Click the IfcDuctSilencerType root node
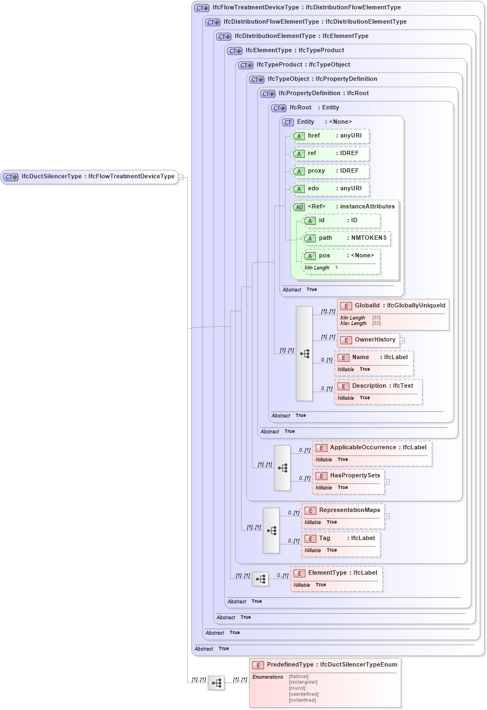point(89,177)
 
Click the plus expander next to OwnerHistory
point(402,340)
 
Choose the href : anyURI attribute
point(330,136)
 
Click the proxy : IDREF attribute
point(330,171)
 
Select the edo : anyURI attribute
point(330,189)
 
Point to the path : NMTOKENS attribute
point(347,238)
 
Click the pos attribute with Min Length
point(341,256)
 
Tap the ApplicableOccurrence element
point(372,448)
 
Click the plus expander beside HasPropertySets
point(387,481)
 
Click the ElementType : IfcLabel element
point(336,573)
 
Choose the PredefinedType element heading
point(325,665)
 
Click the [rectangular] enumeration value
point(303,682)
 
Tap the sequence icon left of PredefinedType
point(216,683)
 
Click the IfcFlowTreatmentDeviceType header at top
point(297,8)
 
